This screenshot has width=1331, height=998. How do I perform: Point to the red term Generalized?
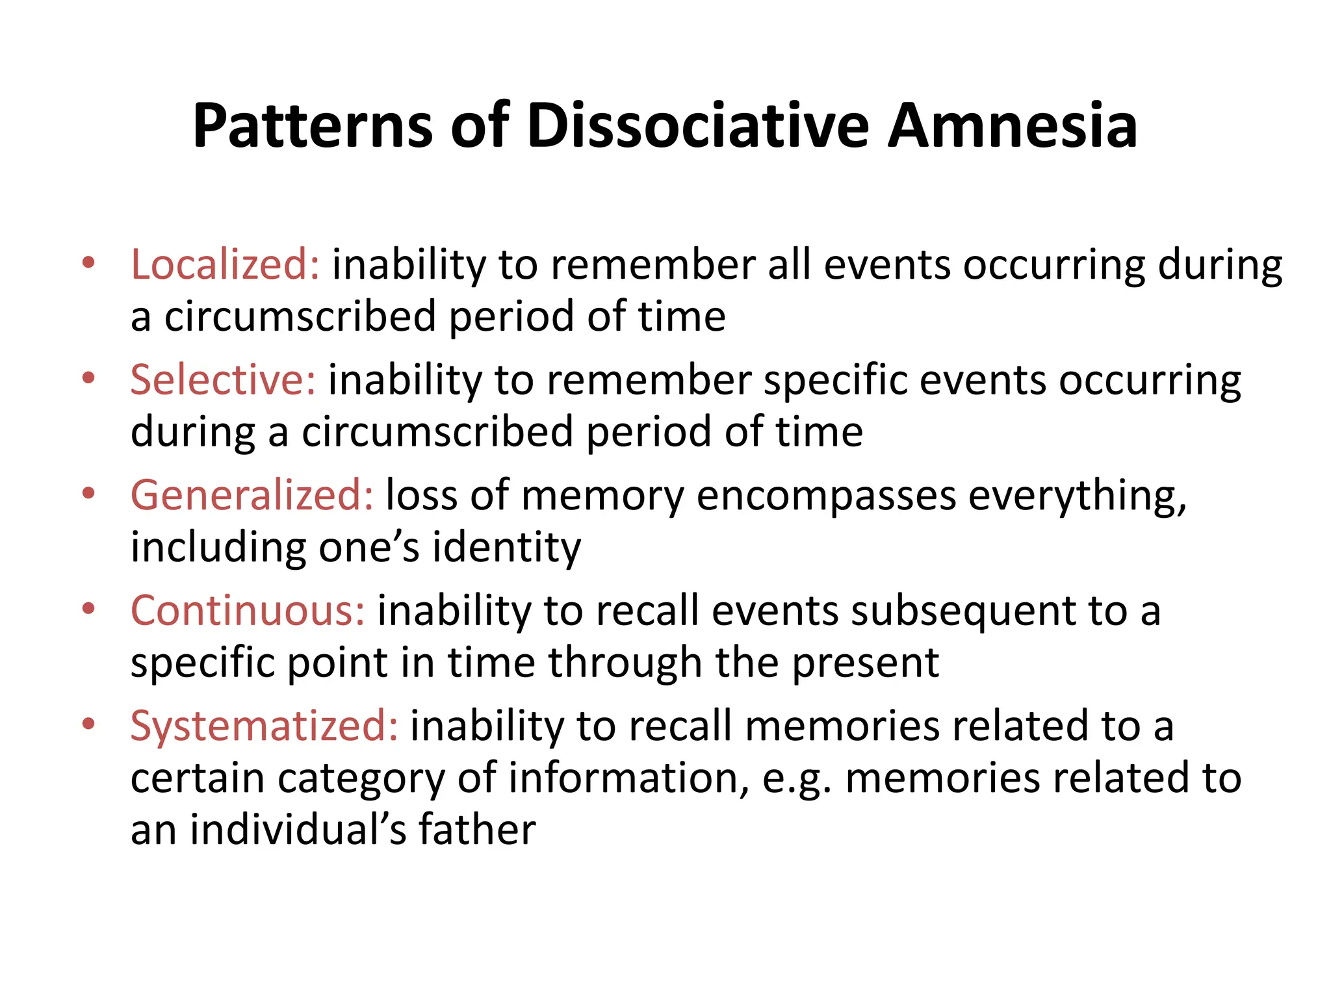pos(252,496)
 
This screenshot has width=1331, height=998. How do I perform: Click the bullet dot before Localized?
pos(89,263)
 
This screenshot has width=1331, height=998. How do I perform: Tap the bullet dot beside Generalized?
pos(89,494)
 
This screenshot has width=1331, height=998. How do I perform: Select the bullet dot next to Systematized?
pos(89,724)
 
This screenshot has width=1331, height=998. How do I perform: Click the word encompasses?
pos(826,496)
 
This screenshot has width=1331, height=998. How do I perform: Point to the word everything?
pos(1077,497)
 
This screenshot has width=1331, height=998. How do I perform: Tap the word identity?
pos(507,547)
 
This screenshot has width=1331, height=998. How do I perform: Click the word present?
pos(865,663)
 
